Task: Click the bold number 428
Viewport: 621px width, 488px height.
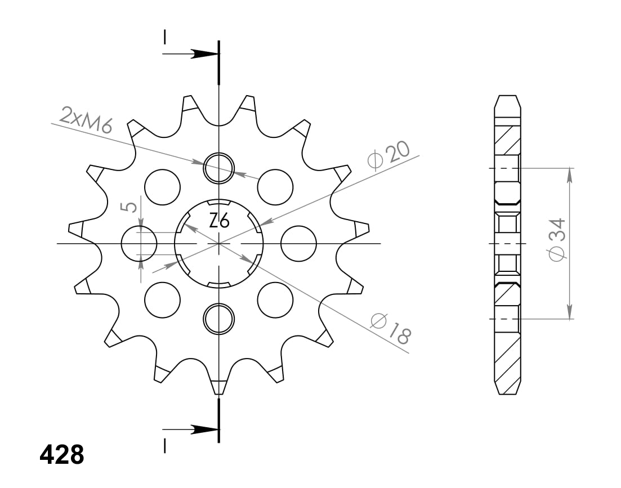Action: pos(62,454)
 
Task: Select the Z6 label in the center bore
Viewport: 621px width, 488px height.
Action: pos(219,221)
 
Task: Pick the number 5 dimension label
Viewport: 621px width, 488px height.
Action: pos(130,207)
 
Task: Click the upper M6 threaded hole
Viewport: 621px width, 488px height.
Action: pos(218,168)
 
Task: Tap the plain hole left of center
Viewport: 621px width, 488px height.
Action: pos(139,243)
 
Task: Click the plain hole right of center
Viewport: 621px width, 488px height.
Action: pos(298,243)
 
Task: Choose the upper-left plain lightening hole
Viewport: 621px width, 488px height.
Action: pos(162,186)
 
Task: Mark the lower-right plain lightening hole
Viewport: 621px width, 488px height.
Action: pos(275,301)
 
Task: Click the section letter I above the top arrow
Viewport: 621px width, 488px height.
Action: pos(164,37)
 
